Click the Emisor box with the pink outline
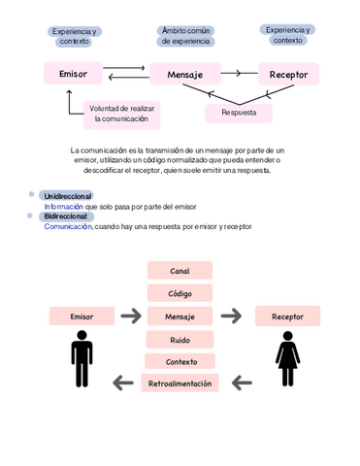73,74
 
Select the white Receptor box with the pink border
288,74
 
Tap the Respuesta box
239,113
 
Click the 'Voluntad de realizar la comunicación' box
121,114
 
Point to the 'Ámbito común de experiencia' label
185,36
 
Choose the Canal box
180,271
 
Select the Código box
180,293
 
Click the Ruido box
180,339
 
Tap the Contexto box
180,361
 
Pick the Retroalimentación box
180,383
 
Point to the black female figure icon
287,358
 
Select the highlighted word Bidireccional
67,216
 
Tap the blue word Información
63,207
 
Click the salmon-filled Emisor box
82,316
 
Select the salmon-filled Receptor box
287,316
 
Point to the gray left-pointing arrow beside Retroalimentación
123,383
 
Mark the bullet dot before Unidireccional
32,196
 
